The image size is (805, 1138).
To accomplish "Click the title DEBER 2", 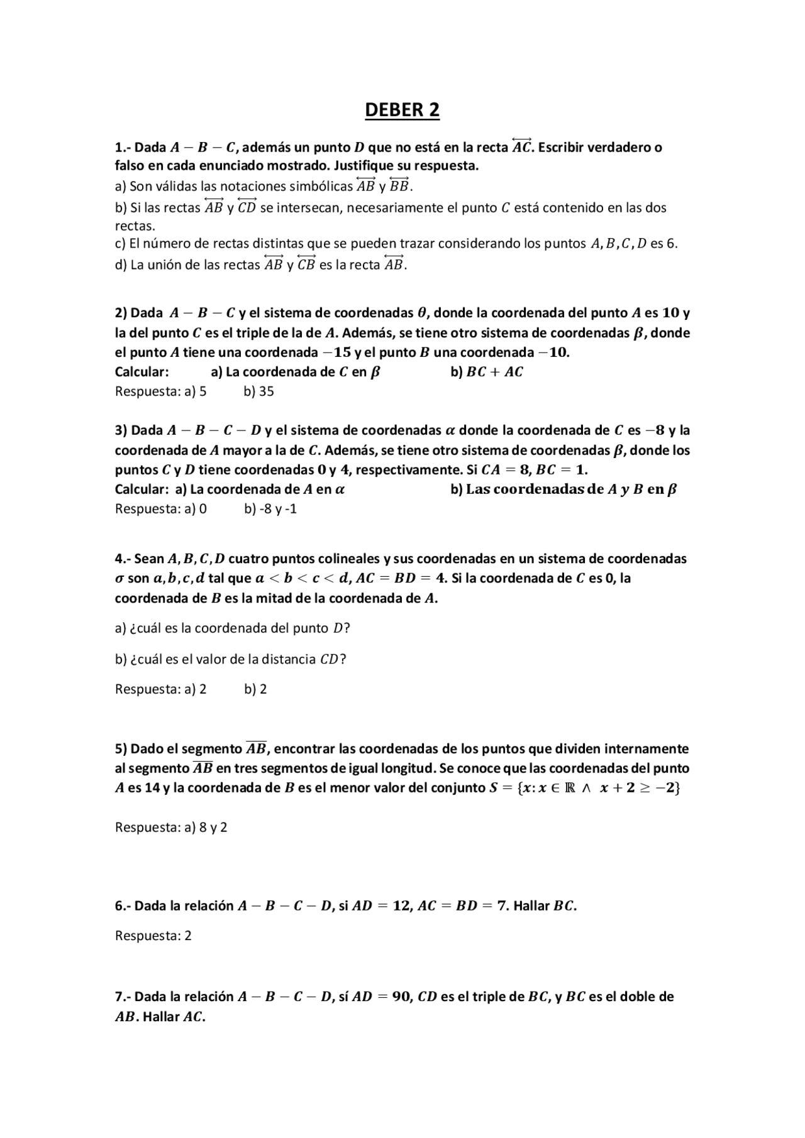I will click(402, 110).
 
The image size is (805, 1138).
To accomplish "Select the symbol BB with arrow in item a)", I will click(399, 186).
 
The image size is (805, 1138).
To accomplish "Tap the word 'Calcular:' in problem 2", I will click(142, 372).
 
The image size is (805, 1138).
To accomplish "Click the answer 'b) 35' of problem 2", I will click(258, 391).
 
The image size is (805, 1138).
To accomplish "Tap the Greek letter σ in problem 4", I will click(119, 579).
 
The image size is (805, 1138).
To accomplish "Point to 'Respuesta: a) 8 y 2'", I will click(171, 828).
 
